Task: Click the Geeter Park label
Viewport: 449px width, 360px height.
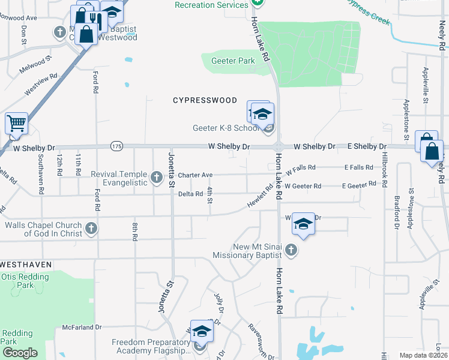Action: point(233,61)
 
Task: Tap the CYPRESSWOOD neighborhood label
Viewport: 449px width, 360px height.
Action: point(205,100)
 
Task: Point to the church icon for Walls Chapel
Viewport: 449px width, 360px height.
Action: point(91,228)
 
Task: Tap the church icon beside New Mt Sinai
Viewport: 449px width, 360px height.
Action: point(291,250)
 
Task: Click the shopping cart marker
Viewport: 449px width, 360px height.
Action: point(16,124)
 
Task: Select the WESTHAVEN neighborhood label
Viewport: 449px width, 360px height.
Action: point(26,264)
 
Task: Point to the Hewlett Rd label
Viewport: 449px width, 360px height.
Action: point(261,197)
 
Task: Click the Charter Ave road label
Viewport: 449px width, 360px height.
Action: point(195,175)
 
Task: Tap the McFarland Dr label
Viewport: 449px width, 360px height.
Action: point(82,328)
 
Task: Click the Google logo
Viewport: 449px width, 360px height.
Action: point(20,353)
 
